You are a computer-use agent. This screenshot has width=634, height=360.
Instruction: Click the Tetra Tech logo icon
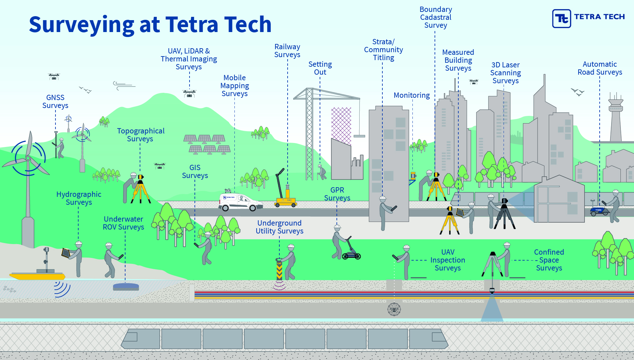(x=561, y=18)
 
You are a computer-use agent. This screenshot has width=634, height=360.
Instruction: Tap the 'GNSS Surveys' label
(x=55, y=102)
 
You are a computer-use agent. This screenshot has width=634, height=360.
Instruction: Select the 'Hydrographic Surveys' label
(x=79, y=198)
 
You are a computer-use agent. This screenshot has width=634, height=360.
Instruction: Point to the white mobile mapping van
(x=240, y=202)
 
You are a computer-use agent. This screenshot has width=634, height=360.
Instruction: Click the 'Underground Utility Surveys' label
(x=279, y=227)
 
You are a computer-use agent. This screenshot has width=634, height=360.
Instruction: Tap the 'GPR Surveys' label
(x=337, y=194)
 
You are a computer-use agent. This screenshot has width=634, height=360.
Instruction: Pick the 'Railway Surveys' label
(x=287, y=51)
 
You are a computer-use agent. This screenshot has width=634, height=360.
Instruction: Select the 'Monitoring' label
(x=411, y=95)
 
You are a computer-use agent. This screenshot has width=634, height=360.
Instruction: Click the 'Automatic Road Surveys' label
(x=600, y=68)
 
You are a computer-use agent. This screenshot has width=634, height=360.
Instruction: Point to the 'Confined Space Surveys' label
(x=549, y=260)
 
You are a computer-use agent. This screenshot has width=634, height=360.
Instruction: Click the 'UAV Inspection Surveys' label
(x=447, y=260)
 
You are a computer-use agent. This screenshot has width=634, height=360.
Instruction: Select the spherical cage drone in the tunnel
(x=394, y=309)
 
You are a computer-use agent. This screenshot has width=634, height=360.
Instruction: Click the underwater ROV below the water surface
(x=126, y=287)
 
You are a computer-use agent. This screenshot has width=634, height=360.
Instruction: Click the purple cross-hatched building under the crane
(x=341, y=126)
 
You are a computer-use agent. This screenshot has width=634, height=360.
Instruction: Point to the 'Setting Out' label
(x=320, y=68)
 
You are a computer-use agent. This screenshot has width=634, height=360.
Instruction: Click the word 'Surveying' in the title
(x=81, y=25)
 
